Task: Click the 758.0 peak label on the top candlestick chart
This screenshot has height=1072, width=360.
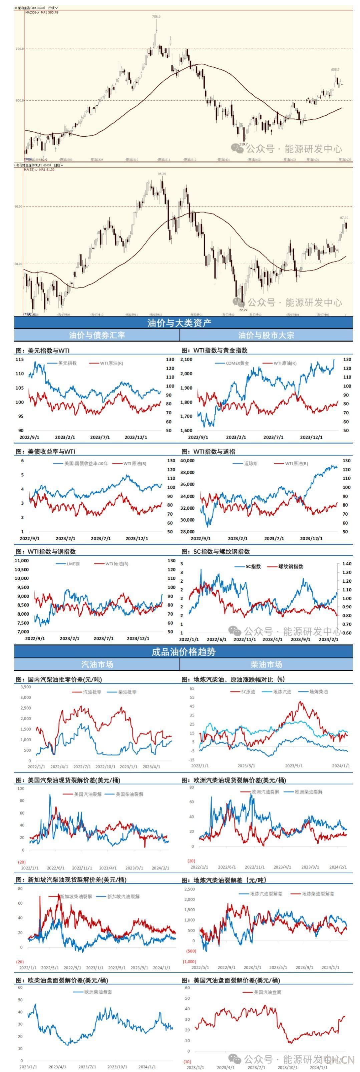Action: (156, 17)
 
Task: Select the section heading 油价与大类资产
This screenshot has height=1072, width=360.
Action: (179, 323)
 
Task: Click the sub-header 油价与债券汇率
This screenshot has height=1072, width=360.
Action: (97, 335)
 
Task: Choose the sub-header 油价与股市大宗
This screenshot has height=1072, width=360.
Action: (266, 335)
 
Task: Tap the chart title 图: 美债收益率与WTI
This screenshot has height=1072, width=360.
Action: (45, 452)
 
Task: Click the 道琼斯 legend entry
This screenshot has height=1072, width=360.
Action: (251, 463)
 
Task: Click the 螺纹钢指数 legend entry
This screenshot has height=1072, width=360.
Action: (291, 566)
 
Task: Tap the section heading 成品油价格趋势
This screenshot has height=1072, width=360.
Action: (184, 652)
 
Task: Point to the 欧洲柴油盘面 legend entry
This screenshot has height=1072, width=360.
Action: (98, 992)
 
